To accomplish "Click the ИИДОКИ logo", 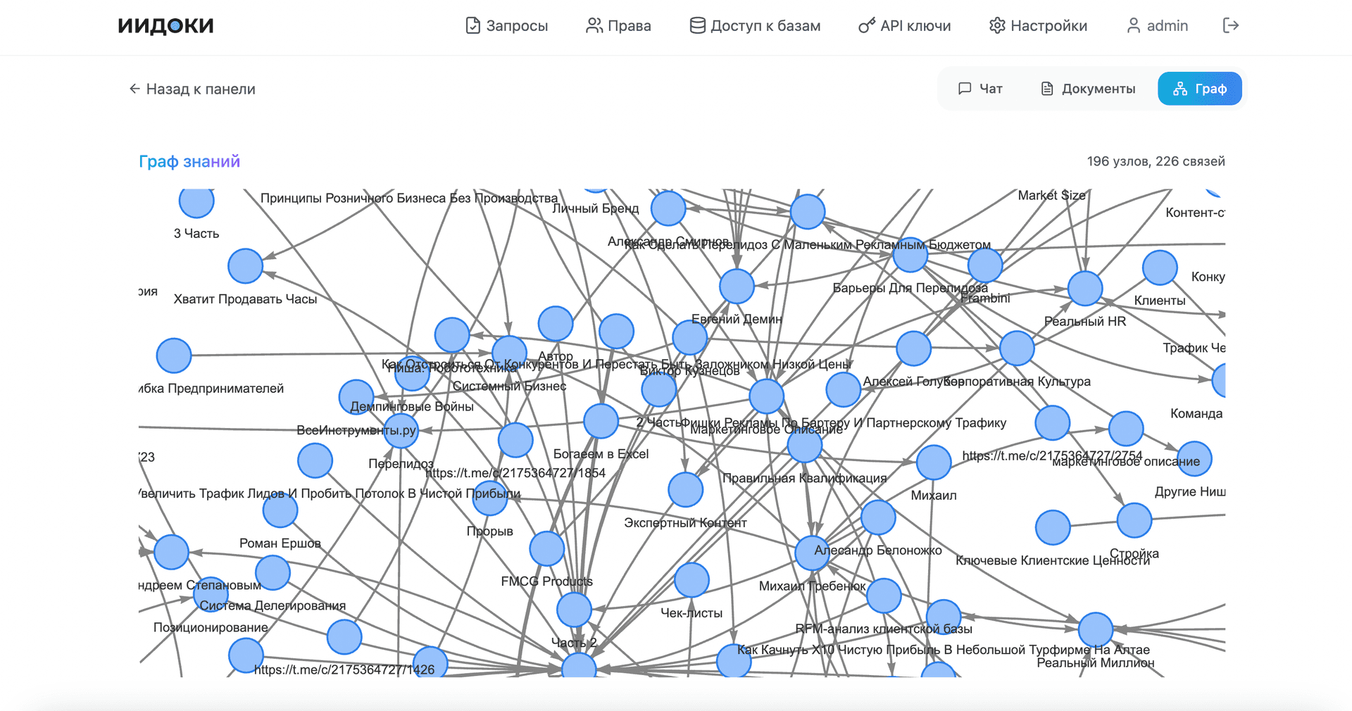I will [166, 26].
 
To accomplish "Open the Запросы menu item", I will [507, 26].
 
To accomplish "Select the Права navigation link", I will [619, 26].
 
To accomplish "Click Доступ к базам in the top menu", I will [755, 26].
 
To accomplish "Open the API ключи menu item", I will [905, 26].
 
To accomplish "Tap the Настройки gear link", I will [1039, 26].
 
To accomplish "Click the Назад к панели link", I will [192, 89].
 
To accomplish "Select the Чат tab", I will [980, 89].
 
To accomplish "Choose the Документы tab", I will [1088, 89].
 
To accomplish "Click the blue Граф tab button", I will [1200, 89].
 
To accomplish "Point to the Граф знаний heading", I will [189, 162].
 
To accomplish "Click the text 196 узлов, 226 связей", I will [1156, 161].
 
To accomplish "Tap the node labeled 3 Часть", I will [196, 202].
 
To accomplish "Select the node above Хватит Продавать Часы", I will [245, 266].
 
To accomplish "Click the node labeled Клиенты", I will [1160, 268].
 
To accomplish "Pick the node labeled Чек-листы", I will [691, 580].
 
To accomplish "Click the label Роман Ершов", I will [280, 543].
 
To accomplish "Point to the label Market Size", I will [1051, 196].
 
